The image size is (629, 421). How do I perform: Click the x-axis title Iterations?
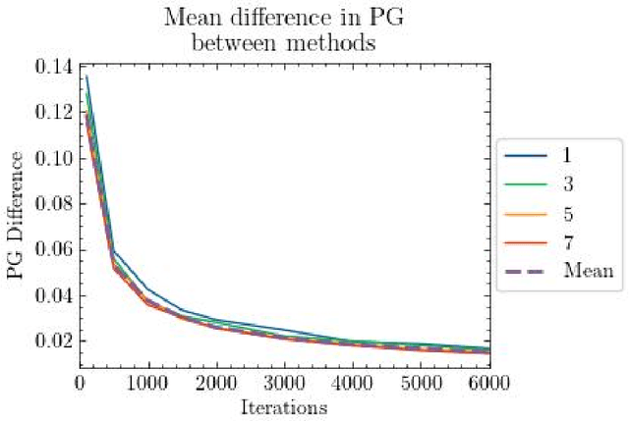point(284,405)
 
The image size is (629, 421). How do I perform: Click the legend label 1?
point(567,155)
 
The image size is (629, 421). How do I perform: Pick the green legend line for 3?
point(526,184)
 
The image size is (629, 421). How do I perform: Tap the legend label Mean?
point(587,272)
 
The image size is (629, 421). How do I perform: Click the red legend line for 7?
point(526,242)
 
